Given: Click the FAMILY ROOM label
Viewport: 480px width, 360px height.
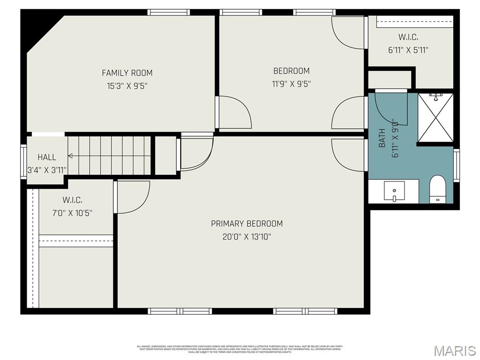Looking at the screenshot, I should click(127, 73).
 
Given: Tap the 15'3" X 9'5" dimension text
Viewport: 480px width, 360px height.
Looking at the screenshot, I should click(127, 86).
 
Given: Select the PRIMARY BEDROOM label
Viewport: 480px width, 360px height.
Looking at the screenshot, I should click(247, 224).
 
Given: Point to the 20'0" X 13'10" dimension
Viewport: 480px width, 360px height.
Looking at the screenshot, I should click(247, 237).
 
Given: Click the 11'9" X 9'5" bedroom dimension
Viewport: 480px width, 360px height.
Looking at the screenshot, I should click(291, 84).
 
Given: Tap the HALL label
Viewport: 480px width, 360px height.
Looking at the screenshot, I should click(47, 157).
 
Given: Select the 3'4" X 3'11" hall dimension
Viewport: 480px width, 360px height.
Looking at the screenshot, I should click(47, 170).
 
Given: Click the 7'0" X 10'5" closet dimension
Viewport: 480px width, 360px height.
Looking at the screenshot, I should click(73, 213).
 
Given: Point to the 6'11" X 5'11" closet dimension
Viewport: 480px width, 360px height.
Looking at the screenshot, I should click(408, 50).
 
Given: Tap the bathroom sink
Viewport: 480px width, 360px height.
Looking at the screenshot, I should click(394, 191).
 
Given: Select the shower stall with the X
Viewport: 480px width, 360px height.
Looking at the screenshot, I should click(435, 117).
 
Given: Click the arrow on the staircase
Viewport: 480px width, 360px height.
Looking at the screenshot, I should click(70, 156).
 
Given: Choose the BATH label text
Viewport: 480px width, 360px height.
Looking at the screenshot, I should click(382, 138).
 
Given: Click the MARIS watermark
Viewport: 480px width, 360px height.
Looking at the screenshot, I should click(454, 351).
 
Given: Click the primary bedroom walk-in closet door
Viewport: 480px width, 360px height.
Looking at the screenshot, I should click(133, 197).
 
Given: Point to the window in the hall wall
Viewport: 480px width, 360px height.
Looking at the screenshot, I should click(23, 162).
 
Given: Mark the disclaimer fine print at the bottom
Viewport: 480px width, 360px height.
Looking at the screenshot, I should click(240, 349).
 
